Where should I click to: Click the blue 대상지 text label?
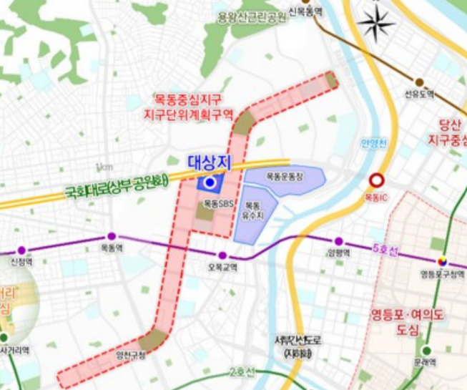[208, 163]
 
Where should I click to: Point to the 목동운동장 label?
[284, 175]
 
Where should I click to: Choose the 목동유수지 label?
[255, 210]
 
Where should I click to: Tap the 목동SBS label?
[215, 203]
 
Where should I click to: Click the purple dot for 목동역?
[111, 236]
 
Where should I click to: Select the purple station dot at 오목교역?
[222, 255]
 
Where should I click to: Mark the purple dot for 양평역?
[338, 242]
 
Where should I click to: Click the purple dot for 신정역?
[21, 250]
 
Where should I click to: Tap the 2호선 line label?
[242, 372]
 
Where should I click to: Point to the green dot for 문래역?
[426, 351]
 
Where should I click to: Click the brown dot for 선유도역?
[419, 82]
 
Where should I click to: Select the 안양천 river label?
[373, 143]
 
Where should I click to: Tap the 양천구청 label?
[130, 354]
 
